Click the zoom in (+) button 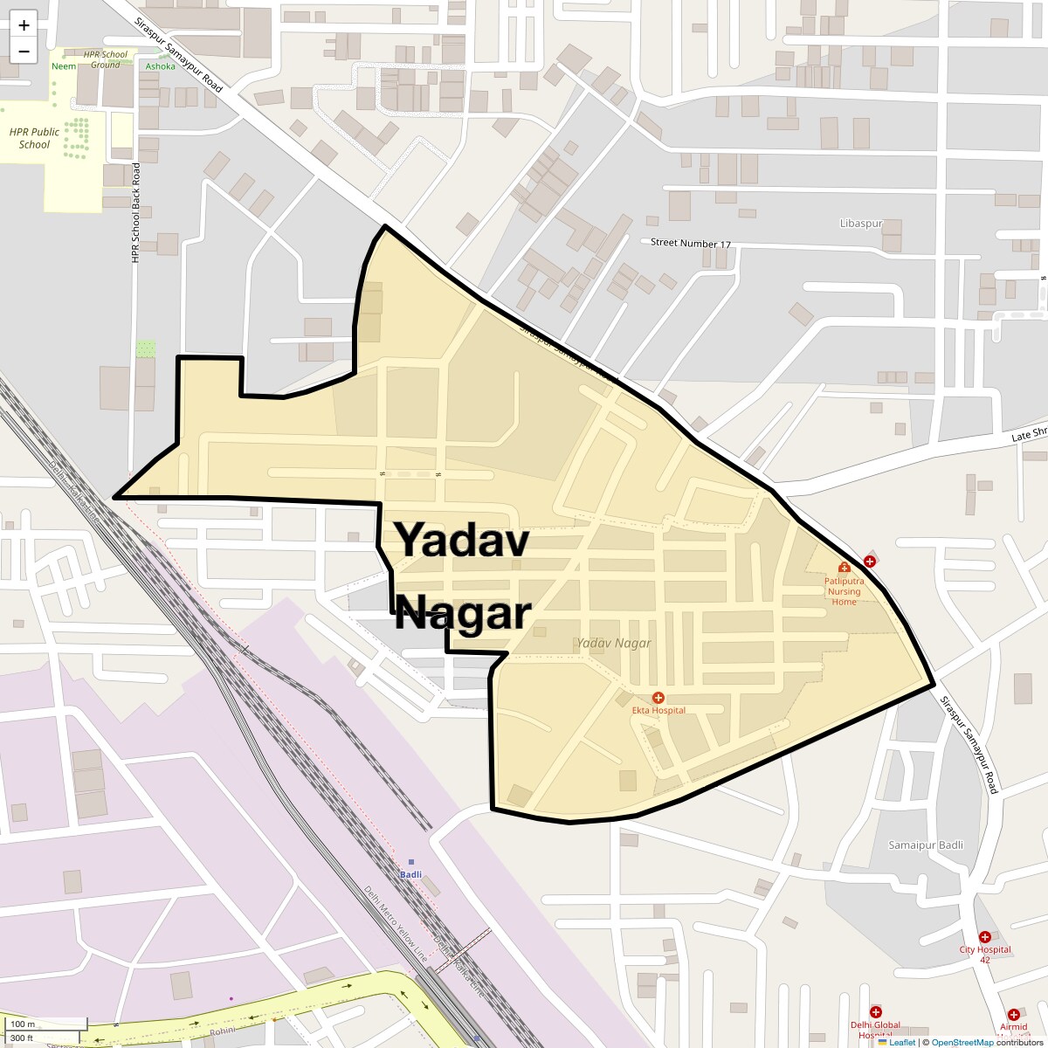24,25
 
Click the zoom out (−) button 24,51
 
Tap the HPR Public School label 34,138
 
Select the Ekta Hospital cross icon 658,698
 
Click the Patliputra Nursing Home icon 844,568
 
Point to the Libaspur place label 861,224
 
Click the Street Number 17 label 690,244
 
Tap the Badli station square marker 411,862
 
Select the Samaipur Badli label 926,845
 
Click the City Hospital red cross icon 985,937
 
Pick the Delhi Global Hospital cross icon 875,1012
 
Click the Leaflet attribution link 902,1042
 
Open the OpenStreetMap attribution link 962,1042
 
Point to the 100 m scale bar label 24,1024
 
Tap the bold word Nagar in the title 463,613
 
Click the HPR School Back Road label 136,212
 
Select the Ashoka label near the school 161,66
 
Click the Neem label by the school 64,66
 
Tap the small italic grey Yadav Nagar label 614,643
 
